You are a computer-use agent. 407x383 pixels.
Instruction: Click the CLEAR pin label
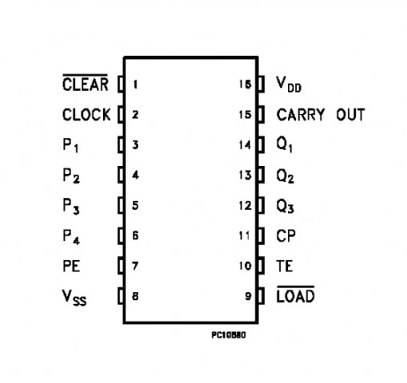[x=86, y=84]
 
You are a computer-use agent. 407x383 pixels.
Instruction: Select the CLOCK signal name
[x=86, y=115]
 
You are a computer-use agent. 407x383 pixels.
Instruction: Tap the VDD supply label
[x=289, y=85]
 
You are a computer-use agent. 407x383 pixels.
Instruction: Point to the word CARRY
[x=301, y=115]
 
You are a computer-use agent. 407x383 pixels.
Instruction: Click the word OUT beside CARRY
[x=350, y=115]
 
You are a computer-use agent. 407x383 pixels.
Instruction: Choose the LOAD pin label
[x=296, y=294]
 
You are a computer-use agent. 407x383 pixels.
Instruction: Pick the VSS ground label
[x=74, y=298]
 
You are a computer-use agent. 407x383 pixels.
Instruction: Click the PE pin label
[x=71, y=266]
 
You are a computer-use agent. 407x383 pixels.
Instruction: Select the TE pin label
[x=285, y=266]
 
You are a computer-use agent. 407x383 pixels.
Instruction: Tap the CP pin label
[x=286, y=235]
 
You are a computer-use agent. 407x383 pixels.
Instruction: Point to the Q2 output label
[x=285, y=176]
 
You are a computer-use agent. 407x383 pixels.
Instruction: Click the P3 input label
[x=71, y=207]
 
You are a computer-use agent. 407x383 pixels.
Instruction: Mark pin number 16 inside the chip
[x=245, y=85]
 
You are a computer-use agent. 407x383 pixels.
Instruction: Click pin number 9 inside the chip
[x=248, y=296]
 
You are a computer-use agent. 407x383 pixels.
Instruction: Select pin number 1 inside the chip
[x=135, y=85]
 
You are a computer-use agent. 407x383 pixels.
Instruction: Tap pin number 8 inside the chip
[x=135, y=296]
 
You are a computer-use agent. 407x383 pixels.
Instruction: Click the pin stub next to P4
[x=121, y=235]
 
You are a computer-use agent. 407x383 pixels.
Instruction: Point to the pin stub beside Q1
[x=261, y=144]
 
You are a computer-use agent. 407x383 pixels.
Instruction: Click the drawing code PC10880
[x=229, y=335]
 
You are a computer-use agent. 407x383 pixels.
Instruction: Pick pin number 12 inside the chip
[x=245, y=205]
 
